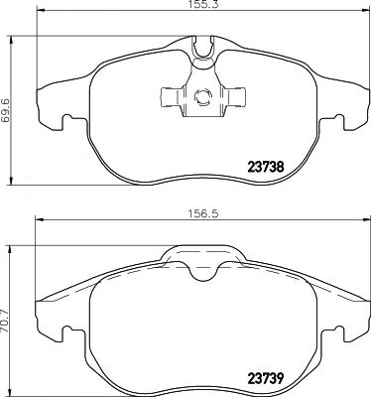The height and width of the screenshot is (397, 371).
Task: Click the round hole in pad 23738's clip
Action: (x=202, y=96)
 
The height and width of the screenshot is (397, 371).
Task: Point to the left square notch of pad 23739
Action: (x=67, y=334)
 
